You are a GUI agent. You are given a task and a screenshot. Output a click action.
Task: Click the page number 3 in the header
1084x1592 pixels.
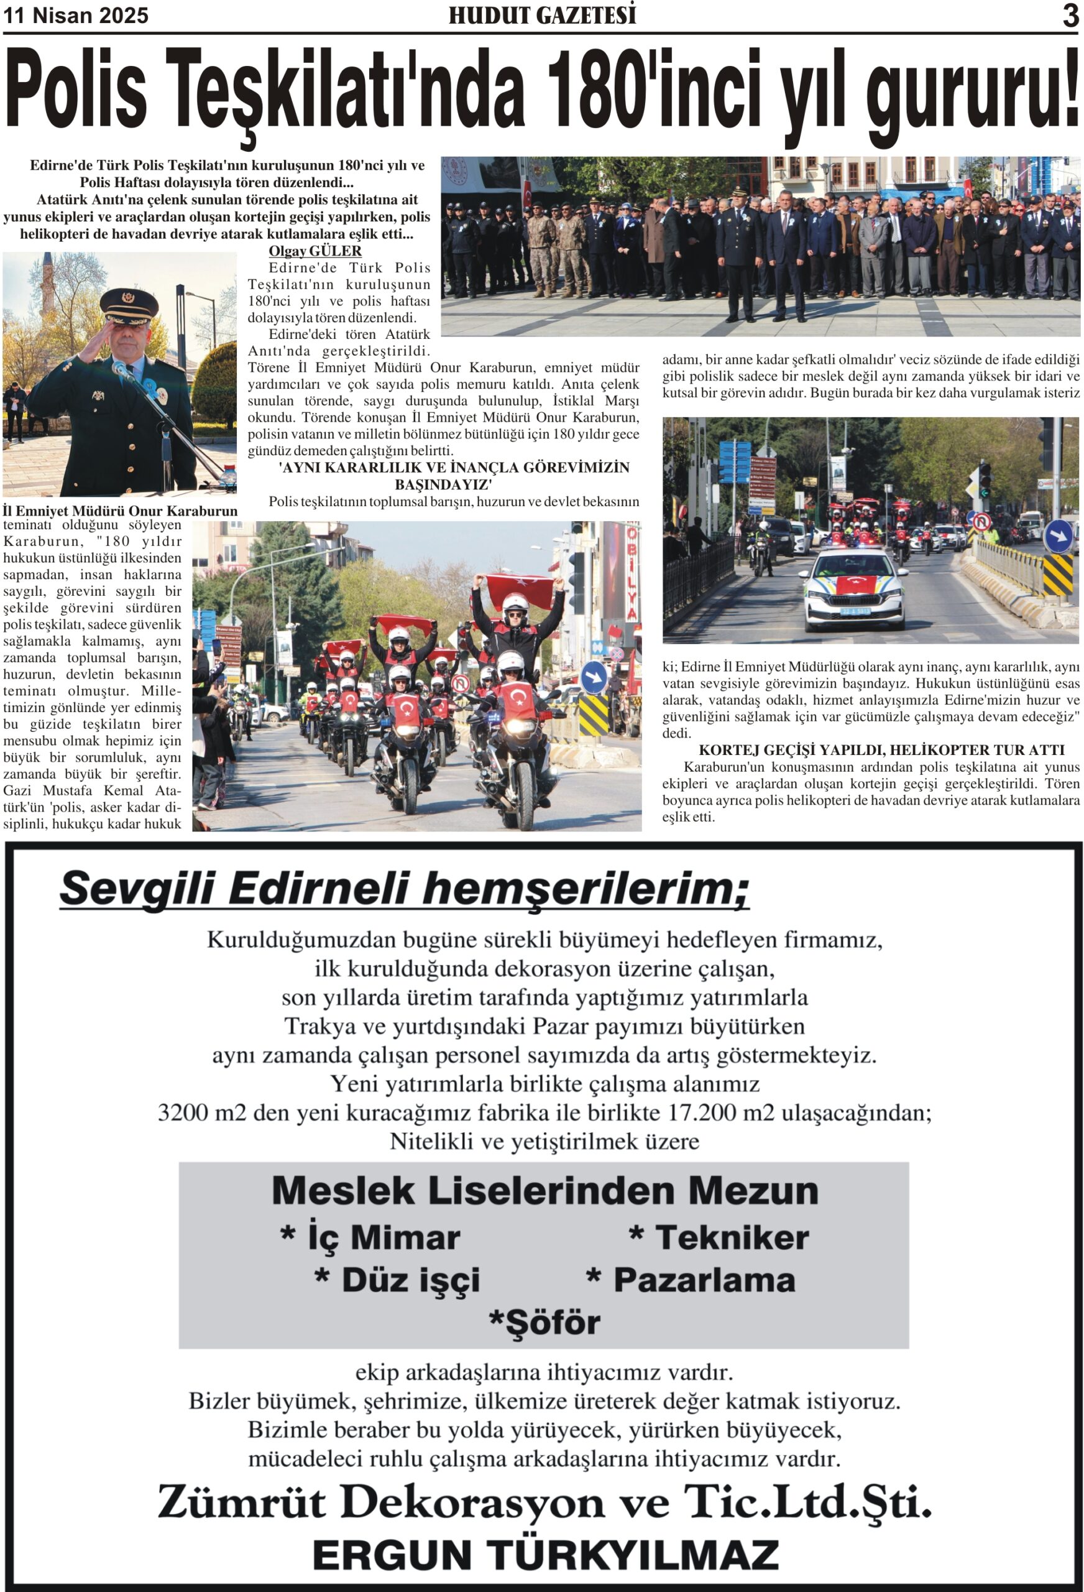coord(1070,15)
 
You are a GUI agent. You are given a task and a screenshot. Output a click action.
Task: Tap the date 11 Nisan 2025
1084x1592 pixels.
coord(76,16)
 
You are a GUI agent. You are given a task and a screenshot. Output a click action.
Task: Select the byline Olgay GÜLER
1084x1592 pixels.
coord(315,251)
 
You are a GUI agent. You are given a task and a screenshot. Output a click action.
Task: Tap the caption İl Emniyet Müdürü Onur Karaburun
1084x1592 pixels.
coord(120,511)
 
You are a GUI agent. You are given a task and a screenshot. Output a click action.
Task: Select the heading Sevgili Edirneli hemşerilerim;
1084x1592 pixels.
coord(404,889)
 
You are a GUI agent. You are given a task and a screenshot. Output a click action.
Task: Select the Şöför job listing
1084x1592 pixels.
coord(545,1322)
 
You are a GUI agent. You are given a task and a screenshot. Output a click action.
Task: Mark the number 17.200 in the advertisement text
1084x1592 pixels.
coord(706,1113)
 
